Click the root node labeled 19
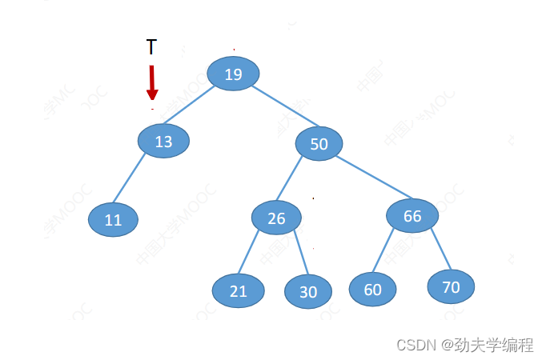(x=233, y=74)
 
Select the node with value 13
(x=163, y=142)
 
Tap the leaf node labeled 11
(x=113, y=220)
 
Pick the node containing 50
(x=319, y=144)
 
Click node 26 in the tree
(x=276, y=218)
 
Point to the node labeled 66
(x=412, y=216)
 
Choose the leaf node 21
(x=239, y=291)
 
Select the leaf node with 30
(x=308, y=292)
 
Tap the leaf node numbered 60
(x=373, y=290)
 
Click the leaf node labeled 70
(x=451, y=287)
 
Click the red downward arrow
(x=152, y=82)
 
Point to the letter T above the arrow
(x=151, y=47)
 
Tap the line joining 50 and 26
(x=290, y=178)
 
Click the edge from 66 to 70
(x=440, y=248)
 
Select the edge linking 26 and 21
(x=250, y=252)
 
